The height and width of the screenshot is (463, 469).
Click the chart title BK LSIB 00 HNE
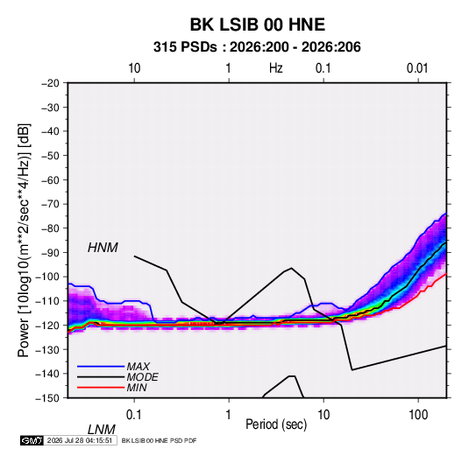tap(258, 25)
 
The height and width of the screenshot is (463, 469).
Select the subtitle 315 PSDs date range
tap(257, 47)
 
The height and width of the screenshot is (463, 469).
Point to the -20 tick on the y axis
tap(50, 83)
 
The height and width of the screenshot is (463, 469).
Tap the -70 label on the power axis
tap(50, 204)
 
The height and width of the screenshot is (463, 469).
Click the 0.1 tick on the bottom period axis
tap(134, 415)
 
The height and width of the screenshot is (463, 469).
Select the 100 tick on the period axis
tap(418, 415)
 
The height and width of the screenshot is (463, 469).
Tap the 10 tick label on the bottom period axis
tap(323, 415)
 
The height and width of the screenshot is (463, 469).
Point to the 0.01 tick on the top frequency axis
tap(417, 68)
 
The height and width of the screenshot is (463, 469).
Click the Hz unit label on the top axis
tap(276, 68)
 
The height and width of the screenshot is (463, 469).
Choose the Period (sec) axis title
tap(276, 424)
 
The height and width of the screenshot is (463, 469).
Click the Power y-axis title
tap(24, 241)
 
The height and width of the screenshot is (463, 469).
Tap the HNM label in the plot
tap(103, 248)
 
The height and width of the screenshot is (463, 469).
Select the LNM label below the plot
tap(101, 430)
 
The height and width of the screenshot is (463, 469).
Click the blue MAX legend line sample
tap(101, 367)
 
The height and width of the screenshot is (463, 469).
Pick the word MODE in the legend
tap(142, 377)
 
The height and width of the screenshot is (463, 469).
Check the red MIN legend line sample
tap(101, 388)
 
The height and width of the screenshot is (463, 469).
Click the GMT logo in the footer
tap(32, 440)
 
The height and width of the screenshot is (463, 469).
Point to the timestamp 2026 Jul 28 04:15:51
tap(80, 440)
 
